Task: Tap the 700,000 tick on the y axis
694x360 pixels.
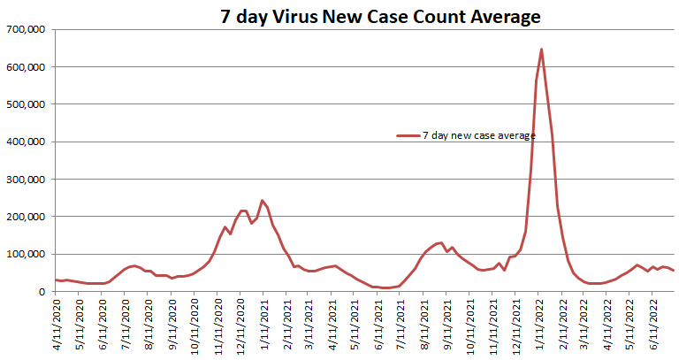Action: tap(27, 29)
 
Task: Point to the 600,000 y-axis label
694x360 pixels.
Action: tap(27, 67)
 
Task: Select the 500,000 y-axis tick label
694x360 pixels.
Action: tap(27, 104)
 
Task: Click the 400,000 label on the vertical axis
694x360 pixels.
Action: tap(27, 142)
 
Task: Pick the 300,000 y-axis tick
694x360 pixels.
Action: tap(27, 180)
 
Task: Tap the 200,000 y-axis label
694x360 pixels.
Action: tap(27, 217)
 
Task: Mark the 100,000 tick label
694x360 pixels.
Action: tap(27, 254)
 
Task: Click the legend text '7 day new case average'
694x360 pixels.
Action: tap(478, 135)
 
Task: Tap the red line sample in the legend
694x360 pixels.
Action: tap(408, 135)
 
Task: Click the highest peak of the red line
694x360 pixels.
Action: tap(541, 50)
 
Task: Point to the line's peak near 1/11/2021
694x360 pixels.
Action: tap(263, 201)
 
